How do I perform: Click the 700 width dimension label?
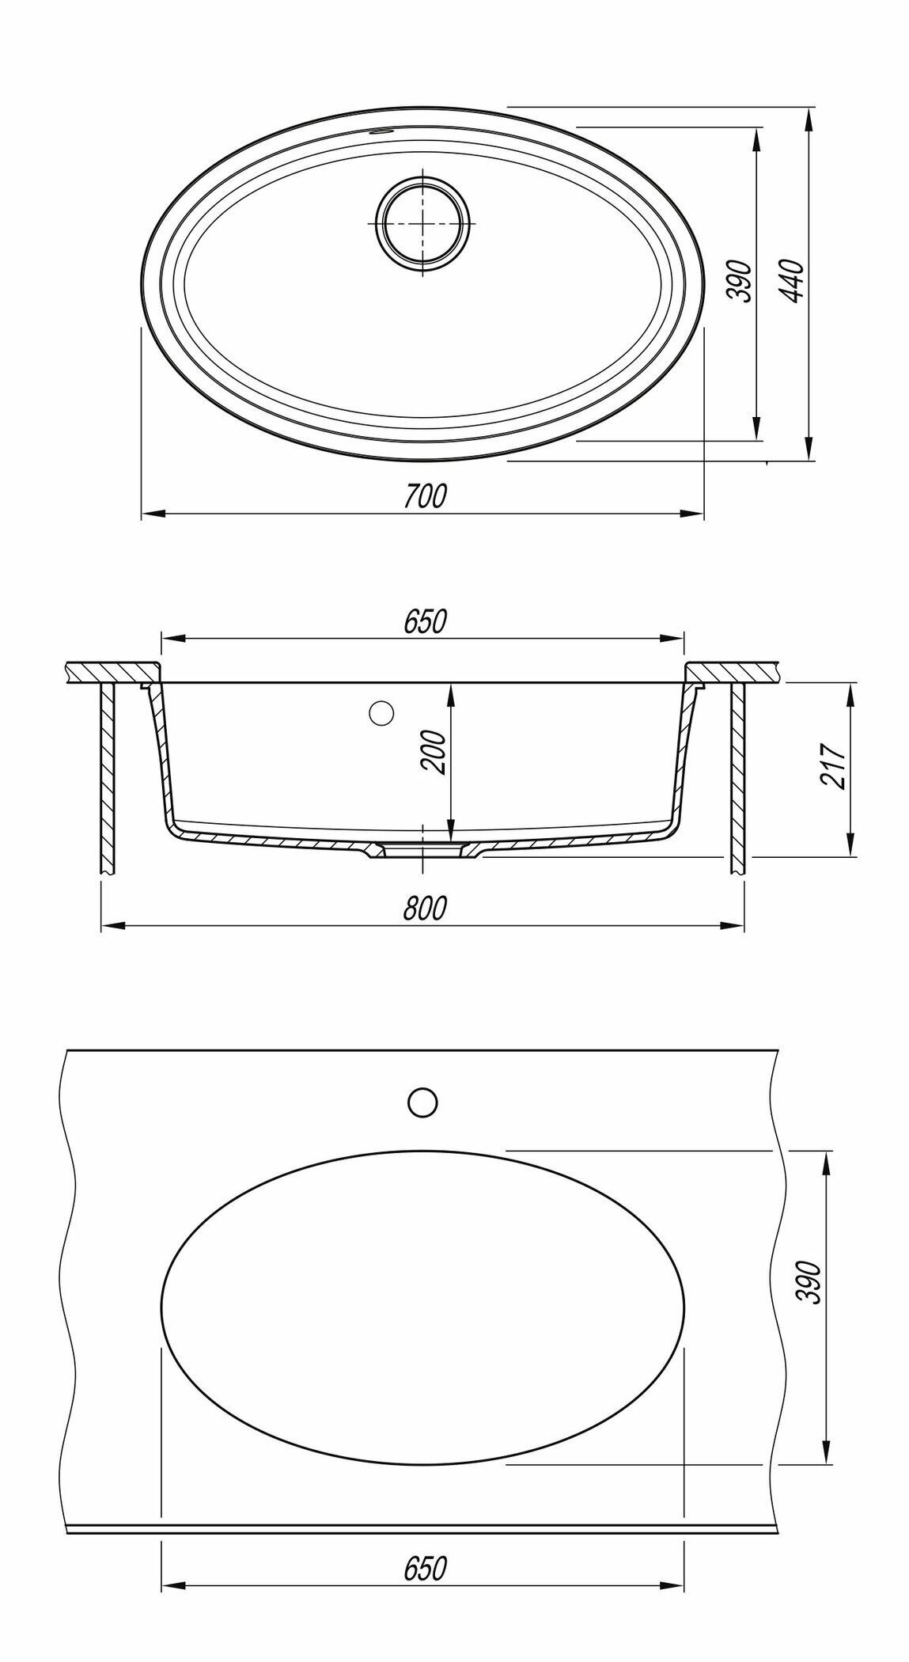[x=425, y=495]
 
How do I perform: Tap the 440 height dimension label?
[x=792, y=281]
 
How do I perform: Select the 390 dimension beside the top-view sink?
[x=740, y=281]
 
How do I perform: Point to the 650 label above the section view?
[x=425, y=621]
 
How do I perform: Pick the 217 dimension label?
[x=835, y=765]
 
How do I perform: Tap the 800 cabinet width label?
[x=425, y=908]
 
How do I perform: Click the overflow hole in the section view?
[x=381, y=712]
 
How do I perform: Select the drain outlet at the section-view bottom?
[x=423, y=849]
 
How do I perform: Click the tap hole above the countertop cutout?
[x=422, y=1102]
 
